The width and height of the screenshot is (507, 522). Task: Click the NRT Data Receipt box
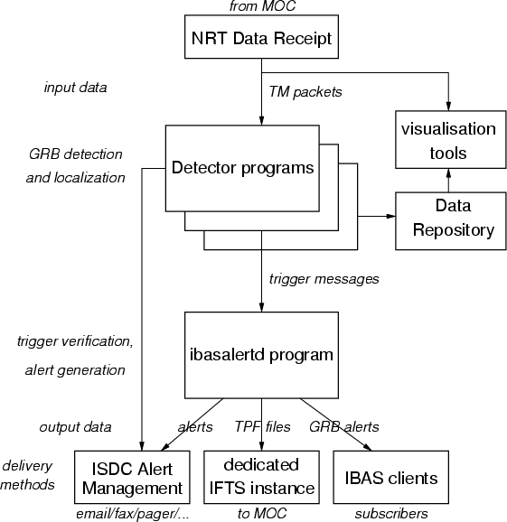[261, 37]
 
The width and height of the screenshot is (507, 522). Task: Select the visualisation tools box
[451, 139]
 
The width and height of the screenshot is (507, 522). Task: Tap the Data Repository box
[451, 220]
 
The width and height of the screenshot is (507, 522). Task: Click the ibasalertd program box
[261, 355]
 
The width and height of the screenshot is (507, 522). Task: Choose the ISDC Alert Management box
[132, 477]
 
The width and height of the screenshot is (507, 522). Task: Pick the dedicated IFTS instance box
[261, 477]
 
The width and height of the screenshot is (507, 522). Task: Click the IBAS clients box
[391, 477]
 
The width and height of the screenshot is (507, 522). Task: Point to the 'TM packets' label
[305, 92]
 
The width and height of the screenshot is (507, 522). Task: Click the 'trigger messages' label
[324, 279]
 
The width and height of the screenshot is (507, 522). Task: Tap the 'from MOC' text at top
[262, 6]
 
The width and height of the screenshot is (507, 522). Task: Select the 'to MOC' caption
[262, 513]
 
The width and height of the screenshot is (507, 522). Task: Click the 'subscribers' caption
[391, 513]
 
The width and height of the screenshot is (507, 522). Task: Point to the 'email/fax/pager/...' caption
[133, 514]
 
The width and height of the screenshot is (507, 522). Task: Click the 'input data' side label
[75, 88]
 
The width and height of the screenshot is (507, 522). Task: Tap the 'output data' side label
[75, 427]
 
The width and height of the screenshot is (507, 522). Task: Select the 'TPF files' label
[262, 427]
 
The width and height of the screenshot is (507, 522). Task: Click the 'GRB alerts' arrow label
[344, 427]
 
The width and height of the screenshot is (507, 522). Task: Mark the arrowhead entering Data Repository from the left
[391, 216]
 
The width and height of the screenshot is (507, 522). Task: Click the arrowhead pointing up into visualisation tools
[448, 172]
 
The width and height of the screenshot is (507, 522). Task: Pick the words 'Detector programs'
[242, 168]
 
